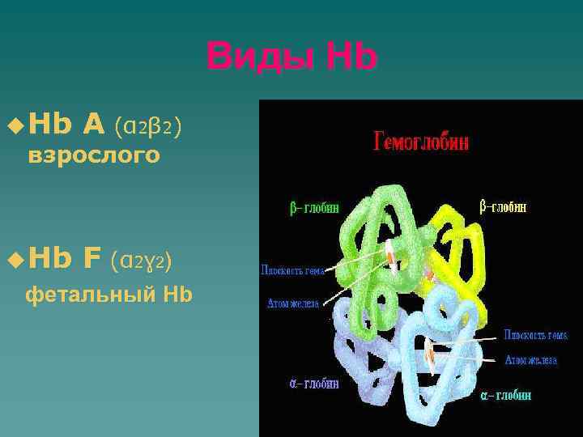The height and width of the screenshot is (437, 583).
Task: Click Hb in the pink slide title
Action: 351,57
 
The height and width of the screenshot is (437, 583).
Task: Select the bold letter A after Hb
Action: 93,125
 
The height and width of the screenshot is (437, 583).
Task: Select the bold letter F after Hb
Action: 91,259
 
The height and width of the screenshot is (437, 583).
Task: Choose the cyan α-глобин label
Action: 506,396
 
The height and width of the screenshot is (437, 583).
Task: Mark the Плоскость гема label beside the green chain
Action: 292,270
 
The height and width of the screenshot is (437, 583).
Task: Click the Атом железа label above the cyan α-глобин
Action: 530,360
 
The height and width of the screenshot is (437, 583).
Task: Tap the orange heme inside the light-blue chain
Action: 436,351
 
